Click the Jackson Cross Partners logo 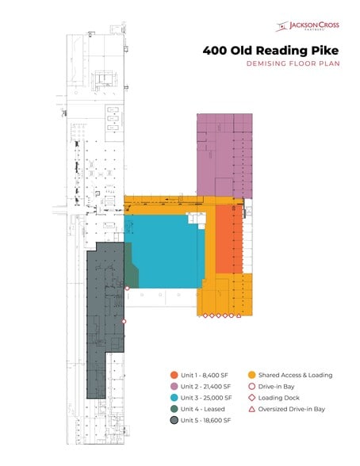pyautogui.click(x=308, y=26)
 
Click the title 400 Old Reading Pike pyautogui.click(x=270, y=50)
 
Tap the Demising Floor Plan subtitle pyautogui.click(x=293, y=63)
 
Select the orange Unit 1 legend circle pyautogui.click(x=174, y=375)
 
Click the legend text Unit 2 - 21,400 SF pyautogui.click(x=205, y=387)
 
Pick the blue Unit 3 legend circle pyautogui.click(x=174, y=398)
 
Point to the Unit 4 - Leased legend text pyautogui.click(x=203, y=409)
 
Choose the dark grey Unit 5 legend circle pyautogui.click(x=174, y=420)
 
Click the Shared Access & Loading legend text pyautogui.click(x=296, y=375)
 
